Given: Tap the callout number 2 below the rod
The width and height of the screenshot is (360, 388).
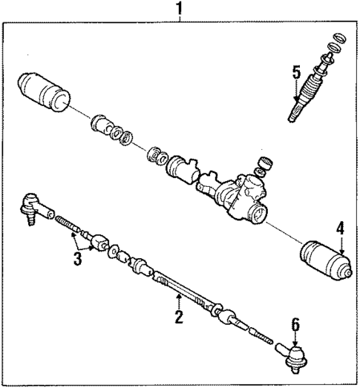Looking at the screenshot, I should tap(178, 318).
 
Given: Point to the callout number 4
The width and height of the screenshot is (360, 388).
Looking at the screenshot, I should tap(340, 229).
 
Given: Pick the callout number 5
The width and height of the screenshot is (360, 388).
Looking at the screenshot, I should tap(295, 72).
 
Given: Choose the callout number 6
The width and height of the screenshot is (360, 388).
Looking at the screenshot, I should tap(295, 324).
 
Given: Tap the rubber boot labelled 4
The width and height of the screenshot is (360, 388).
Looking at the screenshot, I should tap(325, 261).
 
